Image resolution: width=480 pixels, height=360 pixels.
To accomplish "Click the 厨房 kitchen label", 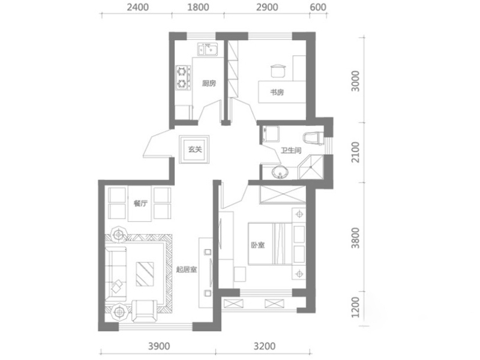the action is [209, 83].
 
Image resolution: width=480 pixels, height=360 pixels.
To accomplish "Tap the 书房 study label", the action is [277, 92].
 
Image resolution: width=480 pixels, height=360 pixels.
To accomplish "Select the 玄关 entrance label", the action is [195, 149].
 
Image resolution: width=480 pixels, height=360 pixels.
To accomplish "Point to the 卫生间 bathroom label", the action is [291, 150].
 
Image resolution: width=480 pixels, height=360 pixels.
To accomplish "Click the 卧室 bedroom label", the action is [258, 245].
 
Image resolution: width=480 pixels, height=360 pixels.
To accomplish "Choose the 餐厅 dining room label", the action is [140, 203].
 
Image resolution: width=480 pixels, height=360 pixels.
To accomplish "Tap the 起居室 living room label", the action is [187, 269].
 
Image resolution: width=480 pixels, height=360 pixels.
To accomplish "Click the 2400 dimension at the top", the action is [138, 7].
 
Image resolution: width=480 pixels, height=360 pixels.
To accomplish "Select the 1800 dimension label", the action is [198, 7].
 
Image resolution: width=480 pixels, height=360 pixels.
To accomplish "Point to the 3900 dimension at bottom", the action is [159, 346].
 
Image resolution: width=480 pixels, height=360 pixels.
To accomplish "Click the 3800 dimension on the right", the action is [356, 238].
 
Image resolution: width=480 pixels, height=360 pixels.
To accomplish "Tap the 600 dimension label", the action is [318, 7].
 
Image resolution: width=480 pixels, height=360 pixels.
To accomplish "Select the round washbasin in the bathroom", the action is [280, 172].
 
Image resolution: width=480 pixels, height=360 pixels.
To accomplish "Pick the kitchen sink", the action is [208, 49].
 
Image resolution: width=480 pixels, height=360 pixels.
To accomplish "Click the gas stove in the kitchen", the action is [182, 78].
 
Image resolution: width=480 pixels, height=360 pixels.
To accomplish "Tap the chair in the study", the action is [278, 70].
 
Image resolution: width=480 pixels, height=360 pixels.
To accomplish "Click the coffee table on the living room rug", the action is [145, 274].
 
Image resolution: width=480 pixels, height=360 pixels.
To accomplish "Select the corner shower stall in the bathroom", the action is [310, 167].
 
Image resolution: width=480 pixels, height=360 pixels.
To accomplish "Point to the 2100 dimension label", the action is [356, 152].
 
